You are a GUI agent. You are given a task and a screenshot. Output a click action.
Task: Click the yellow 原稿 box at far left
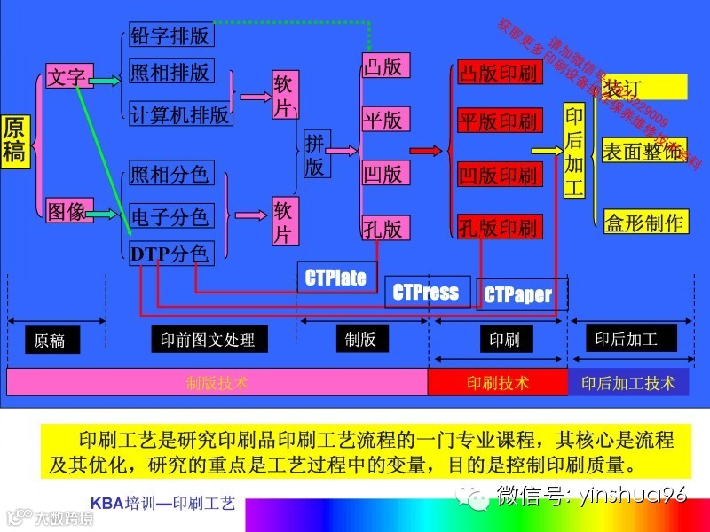[x=15, y=140]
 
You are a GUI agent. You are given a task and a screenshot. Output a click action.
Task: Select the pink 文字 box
[x=67, y=77]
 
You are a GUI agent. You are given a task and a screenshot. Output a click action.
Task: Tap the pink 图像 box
[x=67, y=211]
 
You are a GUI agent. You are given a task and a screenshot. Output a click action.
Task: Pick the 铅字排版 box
[x=170, y=35]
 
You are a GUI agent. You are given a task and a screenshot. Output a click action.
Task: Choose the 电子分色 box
[x=170, y=215]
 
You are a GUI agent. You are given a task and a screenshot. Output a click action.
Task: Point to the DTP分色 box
[x=170, y=254]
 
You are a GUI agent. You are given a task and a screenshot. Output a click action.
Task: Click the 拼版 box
[x=314, y=154]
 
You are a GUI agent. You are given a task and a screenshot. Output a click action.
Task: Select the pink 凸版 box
[x=384, y=65]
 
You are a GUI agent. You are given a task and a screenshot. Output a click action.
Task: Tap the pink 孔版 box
[x=384, y=228]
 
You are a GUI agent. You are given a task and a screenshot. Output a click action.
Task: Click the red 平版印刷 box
[x=498, y=121]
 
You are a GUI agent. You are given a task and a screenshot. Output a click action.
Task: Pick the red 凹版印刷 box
[x=498, y=175]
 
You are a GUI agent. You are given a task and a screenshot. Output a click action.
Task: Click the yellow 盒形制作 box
[x=644, y=222]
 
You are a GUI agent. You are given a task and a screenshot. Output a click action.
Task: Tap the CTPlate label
[x=336, y=278]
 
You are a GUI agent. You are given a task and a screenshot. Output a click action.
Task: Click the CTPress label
[x=426, y=293]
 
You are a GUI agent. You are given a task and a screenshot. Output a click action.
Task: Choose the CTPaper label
[x=518, y=295]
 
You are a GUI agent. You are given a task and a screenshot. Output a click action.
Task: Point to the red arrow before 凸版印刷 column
[x=426, y=152]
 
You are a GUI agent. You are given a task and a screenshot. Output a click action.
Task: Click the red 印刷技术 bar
[x=498, y=382]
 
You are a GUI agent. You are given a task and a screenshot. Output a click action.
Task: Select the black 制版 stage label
[x=361, y=339]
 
